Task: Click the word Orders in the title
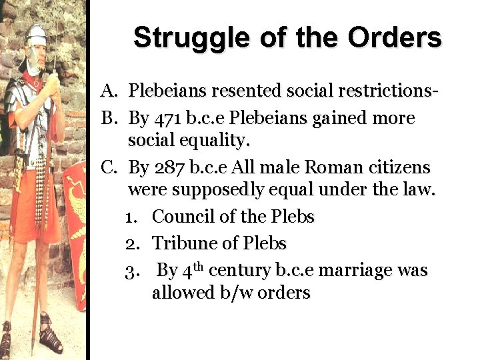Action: click(393, 37)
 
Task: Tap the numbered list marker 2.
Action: click(131, 244)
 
